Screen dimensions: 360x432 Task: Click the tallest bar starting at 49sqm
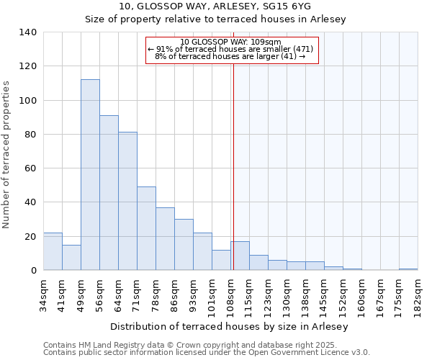90,175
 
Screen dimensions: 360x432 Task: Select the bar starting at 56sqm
109,193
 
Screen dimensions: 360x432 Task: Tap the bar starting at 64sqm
127,201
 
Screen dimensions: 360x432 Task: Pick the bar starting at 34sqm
53,251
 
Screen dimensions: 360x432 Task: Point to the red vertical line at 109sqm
233,166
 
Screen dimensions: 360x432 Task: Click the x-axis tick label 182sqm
418,295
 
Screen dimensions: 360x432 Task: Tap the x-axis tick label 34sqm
44,295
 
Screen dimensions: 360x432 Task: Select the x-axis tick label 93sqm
194,295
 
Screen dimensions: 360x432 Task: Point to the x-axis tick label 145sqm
324,295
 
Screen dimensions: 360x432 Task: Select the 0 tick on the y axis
33,271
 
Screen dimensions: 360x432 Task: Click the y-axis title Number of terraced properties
7,155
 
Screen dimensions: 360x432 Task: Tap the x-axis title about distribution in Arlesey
230,327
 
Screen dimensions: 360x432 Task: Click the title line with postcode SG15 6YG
216,7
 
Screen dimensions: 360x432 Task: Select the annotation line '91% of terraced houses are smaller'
230,49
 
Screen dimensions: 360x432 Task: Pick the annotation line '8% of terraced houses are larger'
230,56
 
